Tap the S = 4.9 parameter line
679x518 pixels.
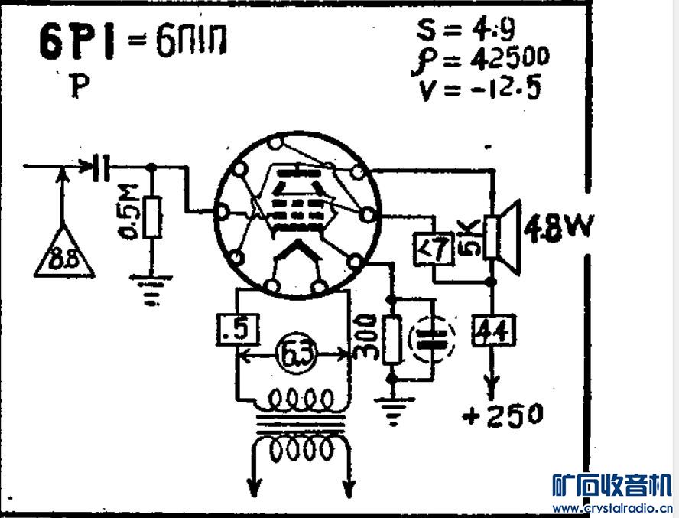click(466, 31)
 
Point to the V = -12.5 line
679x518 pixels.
click(479, 89)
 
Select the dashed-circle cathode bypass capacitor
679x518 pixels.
click(432, 341)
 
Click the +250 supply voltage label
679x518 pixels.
click(505, 415)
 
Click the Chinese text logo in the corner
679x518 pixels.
click(612, 484)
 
